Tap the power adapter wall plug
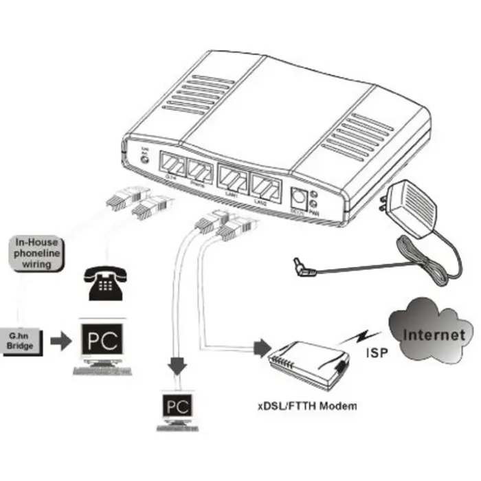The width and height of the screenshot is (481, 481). [408, 205]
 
